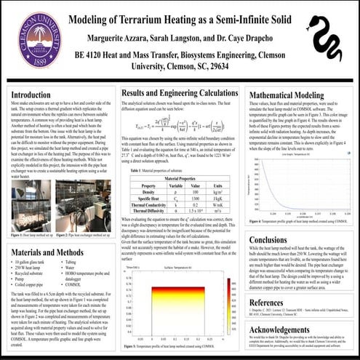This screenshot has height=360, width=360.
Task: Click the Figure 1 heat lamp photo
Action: point(31,210)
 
